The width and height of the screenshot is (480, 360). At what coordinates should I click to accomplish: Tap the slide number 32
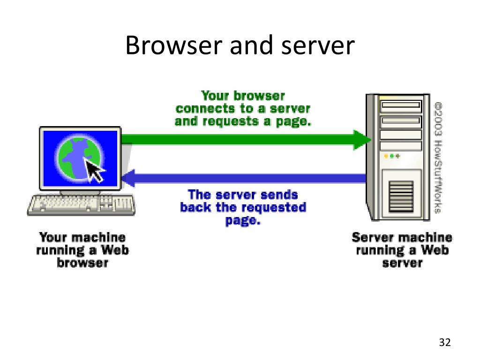click(x=445, y=343)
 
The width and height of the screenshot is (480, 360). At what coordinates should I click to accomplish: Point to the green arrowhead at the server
click(x=362, y=139)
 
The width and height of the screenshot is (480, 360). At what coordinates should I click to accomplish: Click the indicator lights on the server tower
click(x=392, y=155)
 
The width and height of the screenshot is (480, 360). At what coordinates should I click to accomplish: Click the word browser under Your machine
click(x=83, y=262)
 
